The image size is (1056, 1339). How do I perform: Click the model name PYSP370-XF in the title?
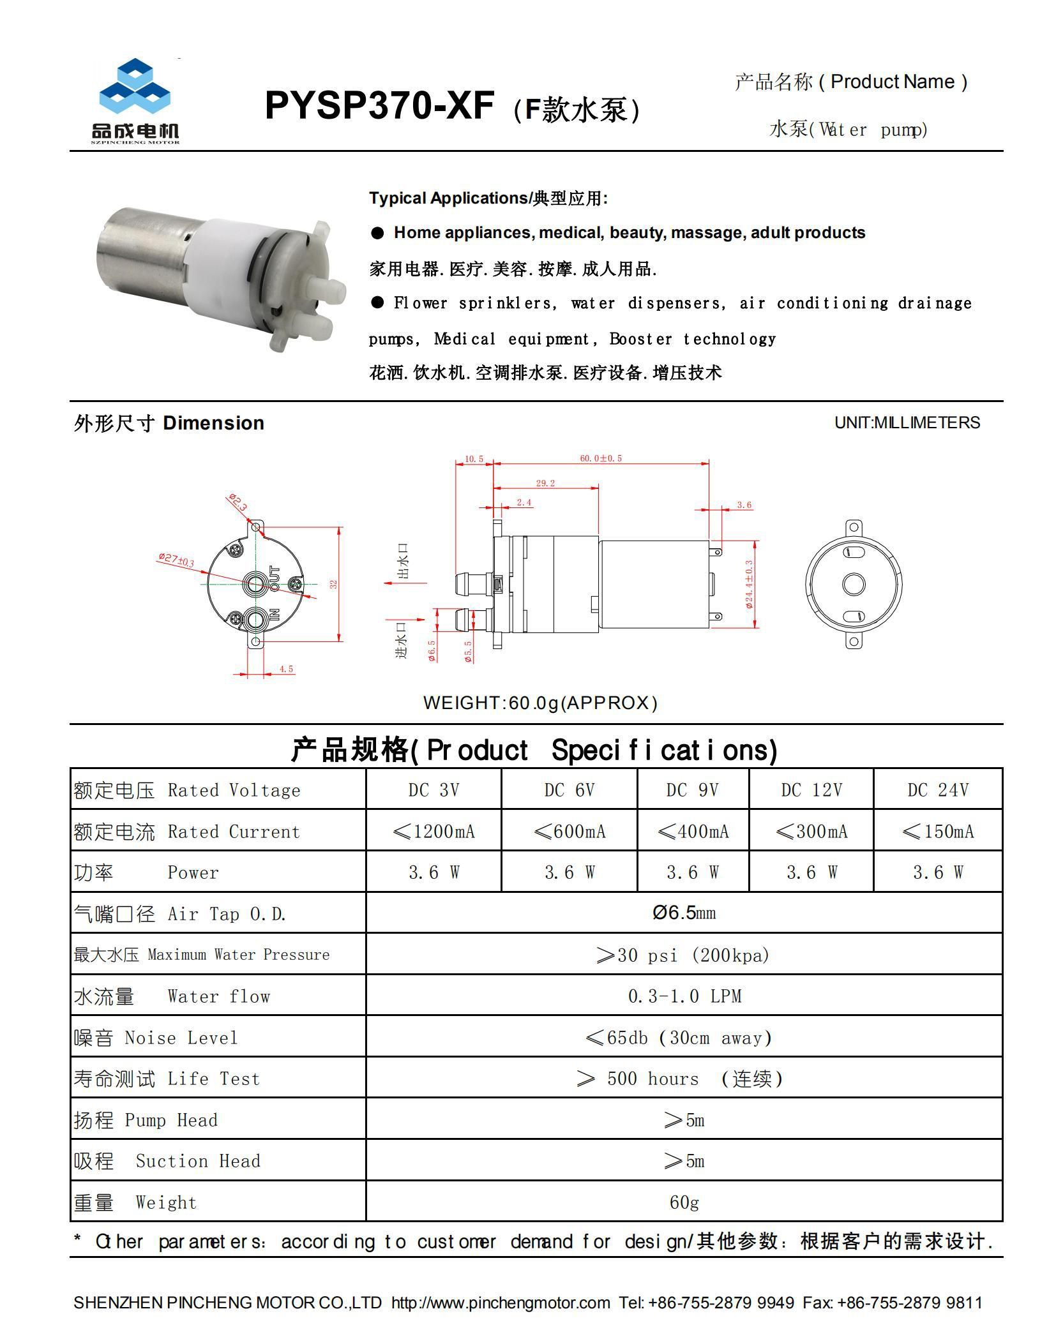coord(379,105)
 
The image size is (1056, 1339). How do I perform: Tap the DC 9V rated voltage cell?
coord(692,790)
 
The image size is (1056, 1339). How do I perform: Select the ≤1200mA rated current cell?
coord(434,832)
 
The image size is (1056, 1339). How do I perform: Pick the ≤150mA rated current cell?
coord(937,832)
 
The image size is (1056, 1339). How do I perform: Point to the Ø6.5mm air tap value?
coord(684,913)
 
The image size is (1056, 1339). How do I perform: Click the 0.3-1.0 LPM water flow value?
coord(684,996)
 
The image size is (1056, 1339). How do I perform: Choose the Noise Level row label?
coord(155,1038)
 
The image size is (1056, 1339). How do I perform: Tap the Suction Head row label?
coord(167,1161)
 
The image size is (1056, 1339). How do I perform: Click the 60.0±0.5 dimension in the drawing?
coord(600,458)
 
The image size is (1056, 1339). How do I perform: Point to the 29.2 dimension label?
coord(545,483)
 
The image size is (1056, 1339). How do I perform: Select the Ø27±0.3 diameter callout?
coord(176,560)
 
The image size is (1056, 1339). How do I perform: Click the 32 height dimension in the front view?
coord(333,584)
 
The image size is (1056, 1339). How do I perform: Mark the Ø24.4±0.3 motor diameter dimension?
coord(749,584)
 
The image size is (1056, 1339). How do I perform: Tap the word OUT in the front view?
coord(275,577)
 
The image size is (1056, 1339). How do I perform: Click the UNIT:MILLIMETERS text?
coord(907,423)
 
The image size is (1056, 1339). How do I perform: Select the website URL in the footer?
coord(500,1303)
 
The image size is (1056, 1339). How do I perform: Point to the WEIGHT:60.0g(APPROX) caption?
coord(540,703)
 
